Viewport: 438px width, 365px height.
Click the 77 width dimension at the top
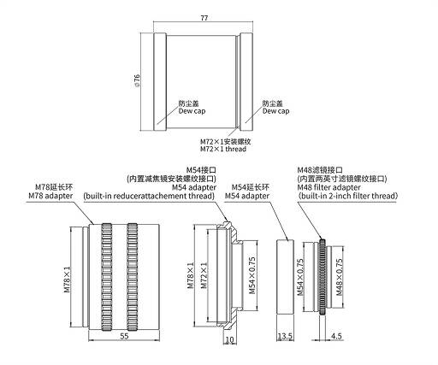[204, 18]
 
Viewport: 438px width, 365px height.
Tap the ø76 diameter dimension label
[137, 80]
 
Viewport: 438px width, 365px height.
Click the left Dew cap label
[192, 111]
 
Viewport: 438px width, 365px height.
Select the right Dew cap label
[275, 111]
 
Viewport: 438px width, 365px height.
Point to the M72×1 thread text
[223, 149]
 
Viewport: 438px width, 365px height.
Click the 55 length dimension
[124, 336]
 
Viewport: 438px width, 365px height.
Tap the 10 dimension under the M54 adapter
[229, 339]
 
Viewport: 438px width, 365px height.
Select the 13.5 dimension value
[285, 336]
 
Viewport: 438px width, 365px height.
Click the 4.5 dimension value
[336, 336]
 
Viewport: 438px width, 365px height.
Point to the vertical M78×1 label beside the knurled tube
[67, 280]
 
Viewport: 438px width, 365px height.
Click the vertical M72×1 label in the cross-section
[204, 275]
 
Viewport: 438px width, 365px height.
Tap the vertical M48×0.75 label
[339, 277]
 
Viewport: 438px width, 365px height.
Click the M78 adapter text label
[50, 196]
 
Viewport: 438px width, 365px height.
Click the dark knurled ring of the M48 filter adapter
[323, 277]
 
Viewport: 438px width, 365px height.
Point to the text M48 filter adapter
[328, 187]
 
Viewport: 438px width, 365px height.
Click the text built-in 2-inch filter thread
[348, 196]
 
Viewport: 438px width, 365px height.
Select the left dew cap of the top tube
[160, 82]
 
